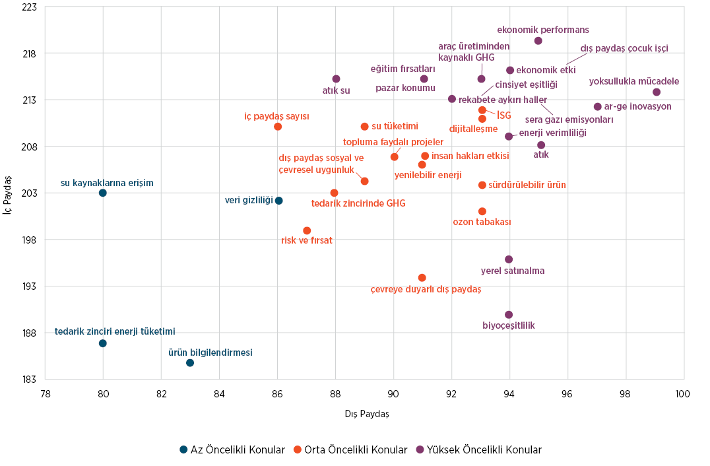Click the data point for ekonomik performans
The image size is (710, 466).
pos(538,41)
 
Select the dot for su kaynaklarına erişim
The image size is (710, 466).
pos(103,193)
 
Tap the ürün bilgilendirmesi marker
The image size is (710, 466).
pos(190,363)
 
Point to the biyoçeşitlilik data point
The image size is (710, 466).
pos(509,315)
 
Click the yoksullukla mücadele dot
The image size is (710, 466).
pos(657,92)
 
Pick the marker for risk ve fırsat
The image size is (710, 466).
pos(307,230)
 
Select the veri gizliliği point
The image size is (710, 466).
pos(279,201)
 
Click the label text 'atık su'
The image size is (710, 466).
pos(336,91)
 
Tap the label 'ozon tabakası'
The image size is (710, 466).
pos(482,222)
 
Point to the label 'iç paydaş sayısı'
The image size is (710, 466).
pos(276,116)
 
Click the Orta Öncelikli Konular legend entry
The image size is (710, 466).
pos(350,450)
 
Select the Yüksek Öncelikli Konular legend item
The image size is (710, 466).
pos(478,450)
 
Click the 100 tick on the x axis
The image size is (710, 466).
pos(682,394)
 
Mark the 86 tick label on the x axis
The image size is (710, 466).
pos(278,394)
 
